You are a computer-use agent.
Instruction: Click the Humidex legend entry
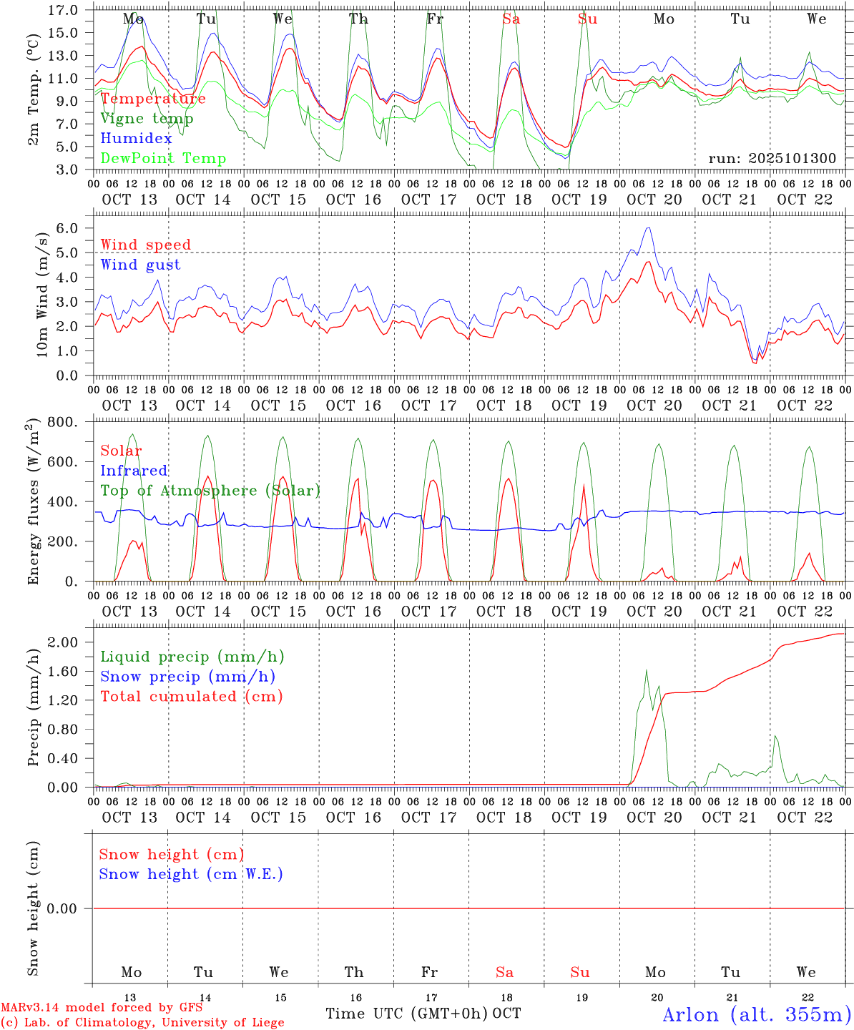click(x=136, y=139)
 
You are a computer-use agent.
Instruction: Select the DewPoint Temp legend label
click(x=163, y=159)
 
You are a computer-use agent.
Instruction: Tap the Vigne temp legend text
click(x=147, y=119)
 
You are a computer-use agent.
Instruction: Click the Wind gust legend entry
click(x=140, y=265)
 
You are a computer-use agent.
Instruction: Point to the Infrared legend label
click(x=134, y=471)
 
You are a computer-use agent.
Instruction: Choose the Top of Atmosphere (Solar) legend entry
click(x=210, y=491)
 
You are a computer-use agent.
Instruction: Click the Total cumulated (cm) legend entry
click(x=191, y=697)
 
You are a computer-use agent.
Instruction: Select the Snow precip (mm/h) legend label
click(x=187, y=677)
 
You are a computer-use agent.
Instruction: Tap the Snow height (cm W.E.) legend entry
click(x=190, y=874)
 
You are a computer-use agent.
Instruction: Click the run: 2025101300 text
click(x=772, y=159)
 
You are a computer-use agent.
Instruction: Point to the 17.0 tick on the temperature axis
click(x=64, y=10)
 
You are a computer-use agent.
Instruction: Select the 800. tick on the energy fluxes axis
click(x=62, y=422)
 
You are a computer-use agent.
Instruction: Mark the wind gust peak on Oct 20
click(x=648, y=228)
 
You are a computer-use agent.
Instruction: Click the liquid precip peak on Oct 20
click(x=647, y=670)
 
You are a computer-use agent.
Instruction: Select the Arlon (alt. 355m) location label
click(x=757, y=1014)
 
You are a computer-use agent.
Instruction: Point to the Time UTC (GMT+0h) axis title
click(x=406, y=1014)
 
